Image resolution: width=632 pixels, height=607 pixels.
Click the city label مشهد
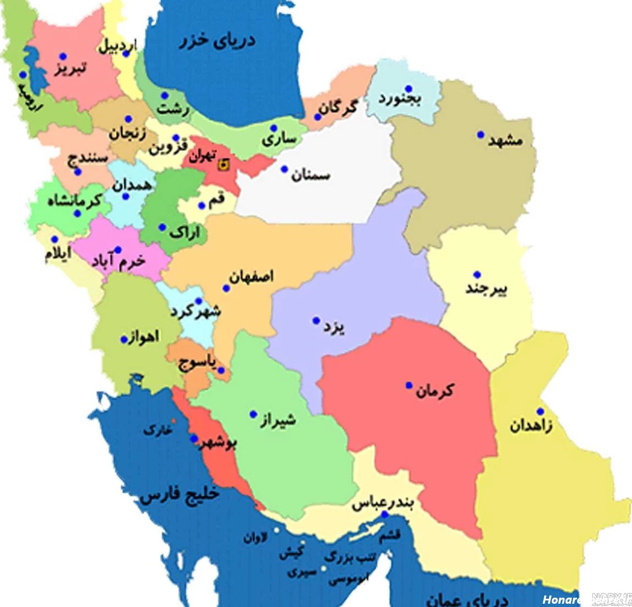[x=505, y=141]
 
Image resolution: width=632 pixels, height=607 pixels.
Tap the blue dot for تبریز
[x=63, y=57]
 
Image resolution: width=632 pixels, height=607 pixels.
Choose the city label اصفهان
[x=251, y=276]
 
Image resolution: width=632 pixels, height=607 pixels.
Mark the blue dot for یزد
[x=316, y=321]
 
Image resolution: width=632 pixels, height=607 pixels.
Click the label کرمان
[x=435, y=390]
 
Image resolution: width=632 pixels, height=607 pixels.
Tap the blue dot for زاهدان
[x=540, y=412]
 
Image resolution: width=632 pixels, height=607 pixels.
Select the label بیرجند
[x=486, y=288]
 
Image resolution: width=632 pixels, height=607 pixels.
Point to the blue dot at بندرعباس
[x=385, y=515]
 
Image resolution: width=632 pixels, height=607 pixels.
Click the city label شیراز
[x=278, y=421]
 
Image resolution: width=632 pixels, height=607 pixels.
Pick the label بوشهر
[x=219, y=443]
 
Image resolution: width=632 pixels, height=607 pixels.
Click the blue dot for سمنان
[x=284, y=169]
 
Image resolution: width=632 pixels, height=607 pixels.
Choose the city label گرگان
[x=339, y=107]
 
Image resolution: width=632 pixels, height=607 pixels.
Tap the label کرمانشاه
[x=74, y=201]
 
